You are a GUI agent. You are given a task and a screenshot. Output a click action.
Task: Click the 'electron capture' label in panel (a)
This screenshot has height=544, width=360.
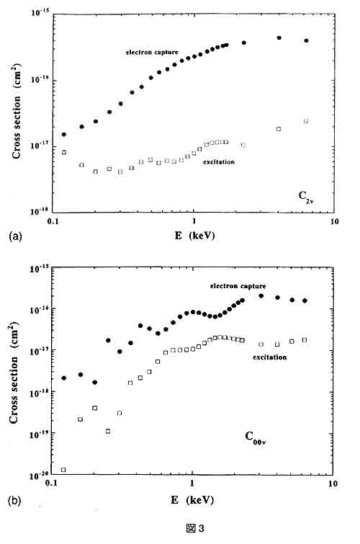(152, 53)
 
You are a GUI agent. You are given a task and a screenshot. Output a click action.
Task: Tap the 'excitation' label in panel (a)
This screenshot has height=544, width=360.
(219, 162)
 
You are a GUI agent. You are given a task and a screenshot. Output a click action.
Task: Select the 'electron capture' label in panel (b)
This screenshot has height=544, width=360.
(238, 286)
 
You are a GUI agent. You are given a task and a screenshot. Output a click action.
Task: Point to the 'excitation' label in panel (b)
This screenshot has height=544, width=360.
(270, 357)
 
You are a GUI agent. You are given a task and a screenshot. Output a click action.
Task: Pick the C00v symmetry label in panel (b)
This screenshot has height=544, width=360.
(256, 438)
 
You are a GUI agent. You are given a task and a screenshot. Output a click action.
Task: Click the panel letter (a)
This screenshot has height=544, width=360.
(15, 236)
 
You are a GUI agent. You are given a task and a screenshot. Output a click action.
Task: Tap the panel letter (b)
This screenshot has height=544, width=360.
(15, 501)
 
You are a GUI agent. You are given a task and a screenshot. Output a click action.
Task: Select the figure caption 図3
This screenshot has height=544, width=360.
(195, 528)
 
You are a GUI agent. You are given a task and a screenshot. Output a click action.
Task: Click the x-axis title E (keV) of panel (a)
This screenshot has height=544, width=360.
(194, 236)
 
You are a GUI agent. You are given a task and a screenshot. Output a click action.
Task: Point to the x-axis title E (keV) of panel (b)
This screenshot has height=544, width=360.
(192, 500)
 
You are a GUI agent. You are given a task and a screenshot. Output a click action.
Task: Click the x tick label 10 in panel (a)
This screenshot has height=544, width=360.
(334, 221)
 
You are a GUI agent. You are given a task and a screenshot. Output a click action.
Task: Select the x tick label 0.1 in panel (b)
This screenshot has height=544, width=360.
(51, 483)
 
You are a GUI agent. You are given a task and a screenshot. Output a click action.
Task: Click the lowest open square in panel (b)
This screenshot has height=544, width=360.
(63, 470)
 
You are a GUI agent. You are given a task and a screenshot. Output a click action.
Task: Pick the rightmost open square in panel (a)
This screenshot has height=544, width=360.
(306, 121)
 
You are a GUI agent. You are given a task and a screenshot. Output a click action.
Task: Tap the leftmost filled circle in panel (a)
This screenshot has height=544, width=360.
(64, 134)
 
